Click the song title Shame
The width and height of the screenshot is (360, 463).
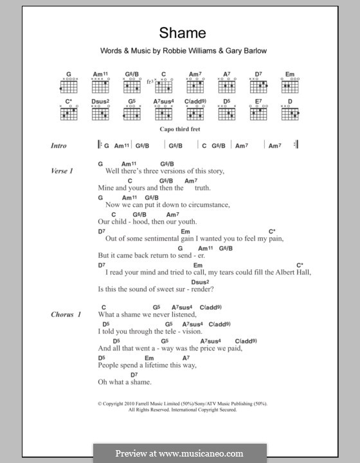click(x=179, y=33)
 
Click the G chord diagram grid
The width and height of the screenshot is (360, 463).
click(x=70, y=86)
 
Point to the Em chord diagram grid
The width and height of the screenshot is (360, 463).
click(x=290, y=86)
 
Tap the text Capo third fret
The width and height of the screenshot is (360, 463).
click(x=179, y=129)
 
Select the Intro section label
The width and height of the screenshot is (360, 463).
click(x=59, y=146)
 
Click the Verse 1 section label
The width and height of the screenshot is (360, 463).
click(x=62, y=172)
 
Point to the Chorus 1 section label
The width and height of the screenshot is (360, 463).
click(x=66, y=314)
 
